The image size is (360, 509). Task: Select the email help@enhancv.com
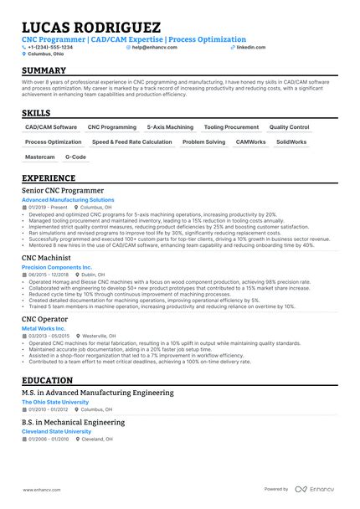(152, 48)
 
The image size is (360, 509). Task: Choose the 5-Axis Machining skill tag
(170, 127)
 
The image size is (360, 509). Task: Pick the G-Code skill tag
(76, 157)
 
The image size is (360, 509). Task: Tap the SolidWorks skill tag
(291, 142)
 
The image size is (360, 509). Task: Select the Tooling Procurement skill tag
(231, 127)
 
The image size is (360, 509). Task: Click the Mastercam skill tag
(40, 157)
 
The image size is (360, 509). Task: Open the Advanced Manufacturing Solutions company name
(68, 201)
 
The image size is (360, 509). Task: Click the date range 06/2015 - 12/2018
(49, 275)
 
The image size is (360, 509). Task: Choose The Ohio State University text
(55, 402)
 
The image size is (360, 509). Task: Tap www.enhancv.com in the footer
(41, 489)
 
